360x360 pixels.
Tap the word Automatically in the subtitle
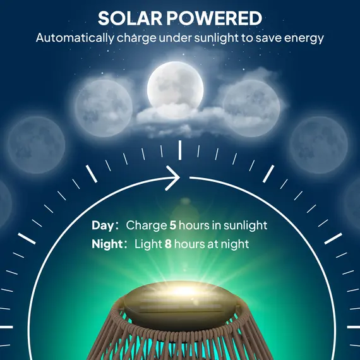pos(75,38)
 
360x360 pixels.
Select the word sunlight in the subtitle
pos(221,38)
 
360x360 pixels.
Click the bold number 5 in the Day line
pos(172,225)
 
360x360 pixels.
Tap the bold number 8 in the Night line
pos(168,244)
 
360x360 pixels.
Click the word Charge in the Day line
pos(145,225)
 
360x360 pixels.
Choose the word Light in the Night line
pos(148,244)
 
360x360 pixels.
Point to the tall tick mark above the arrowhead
pos(180,150)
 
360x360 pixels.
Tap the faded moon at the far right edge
pos(355,202)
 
